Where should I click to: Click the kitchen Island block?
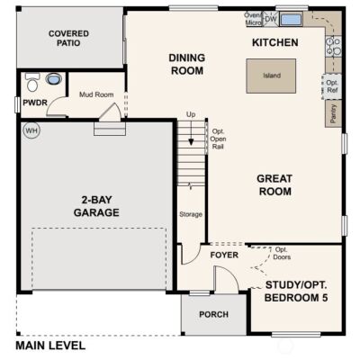[x=271, y=76]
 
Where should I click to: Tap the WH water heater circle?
[x=31, y=130]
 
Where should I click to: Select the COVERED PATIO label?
[x=68, y=37]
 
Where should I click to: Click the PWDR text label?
[x=35, y=103]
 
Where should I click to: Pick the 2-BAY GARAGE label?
[x=97, y=206]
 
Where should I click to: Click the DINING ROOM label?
[x=187, y=65]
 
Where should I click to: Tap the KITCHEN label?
[x=274, y=42]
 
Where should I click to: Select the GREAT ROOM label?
[x=276, y=184]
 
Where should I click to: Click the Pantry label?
[x=333, y=112]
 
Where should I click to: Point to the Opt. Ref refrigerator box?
[x=332, y=86]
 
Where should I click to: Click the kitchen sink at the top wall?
[x=291, y=18]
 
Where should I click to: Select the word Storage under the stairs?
[x=191, y=214]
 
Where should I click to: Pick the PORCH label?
[x=213, y=314]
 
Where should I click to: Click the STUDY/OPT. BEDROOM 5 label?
[x=297, y=292]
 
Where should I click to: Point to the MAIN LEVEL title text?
[x=50, y=345]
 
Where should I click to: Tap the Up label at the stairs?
[x=190, y=114]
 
